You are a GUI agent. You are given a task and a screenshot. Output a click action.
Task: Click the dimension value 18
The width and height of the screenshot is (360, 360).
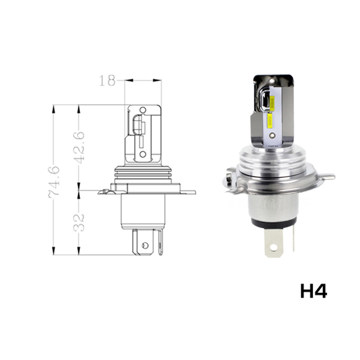point(107,81)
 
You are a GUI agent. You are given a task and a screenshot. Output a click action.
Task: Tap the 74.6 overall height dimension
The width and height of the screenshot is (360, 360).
point(54,180)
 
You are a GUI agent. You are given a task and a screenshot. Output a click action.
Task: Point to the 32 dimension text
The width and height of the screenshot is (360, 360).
point(79,222)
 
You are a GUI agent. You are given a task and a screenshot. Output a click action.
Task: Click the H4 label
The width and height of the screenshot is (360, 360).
point(313,291)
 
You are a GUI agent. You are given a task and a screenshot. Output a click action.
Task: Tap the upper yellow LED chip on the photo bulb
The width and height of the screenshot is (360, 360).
point(267,102)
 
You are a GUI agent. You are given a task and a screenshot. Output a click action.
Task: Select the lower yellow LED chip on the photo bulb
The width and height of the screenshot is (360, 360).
point(270,121)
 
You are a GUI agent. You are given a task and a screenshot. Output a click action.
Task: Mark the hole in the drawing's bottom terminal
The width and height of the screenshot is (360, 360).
point(144,245)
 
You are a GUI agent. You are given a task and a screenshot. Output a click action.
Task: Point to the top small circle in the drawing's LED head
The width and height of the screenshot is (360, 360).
point(143,110)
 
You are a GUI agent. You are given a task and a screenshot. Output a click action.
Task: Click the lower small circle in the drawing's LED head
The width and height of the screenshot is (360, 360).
point(143,154)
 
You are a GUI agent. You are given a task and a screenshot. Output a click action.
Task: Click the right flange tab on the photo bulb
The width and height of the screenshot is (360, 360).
point(327,176)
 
